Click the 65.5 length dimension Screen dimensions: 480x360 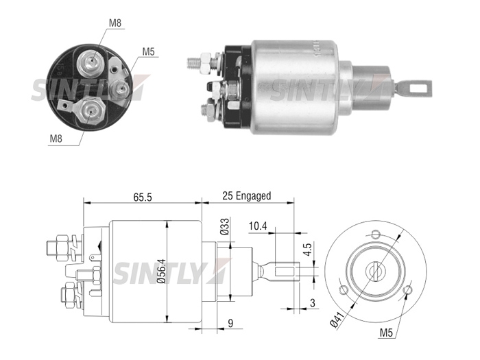pos(143,197)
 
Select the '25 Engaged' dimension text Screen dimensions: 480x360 pos(247,195)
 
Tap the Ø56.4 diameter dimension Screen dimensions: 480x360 pos(162,271)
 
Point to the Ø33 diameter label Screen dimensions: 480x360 pos(225,226)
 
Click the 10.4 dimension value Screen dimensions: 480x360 pos(258,226)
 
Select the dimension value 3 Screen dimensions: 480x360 pos(312,303)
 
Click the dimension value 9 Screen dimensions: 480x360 pos(230,323)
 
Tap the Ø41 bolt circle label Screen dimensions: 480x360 pos(337,320)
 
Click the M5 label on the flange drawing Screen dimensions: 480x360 pos(386,333)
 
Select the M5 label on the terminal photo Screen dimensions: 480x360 pos(149,51)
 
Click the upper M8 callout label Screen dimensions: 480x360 pos(115,23)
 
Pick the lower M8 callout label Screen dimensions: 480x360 pos(56,139)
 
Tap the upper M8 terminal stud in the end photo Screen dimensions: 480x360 pos(91,62)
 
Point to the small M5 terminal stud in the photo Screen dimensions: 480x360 pos(121,89)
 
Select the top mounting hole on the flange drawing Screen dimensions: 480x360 pos(376,235)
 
